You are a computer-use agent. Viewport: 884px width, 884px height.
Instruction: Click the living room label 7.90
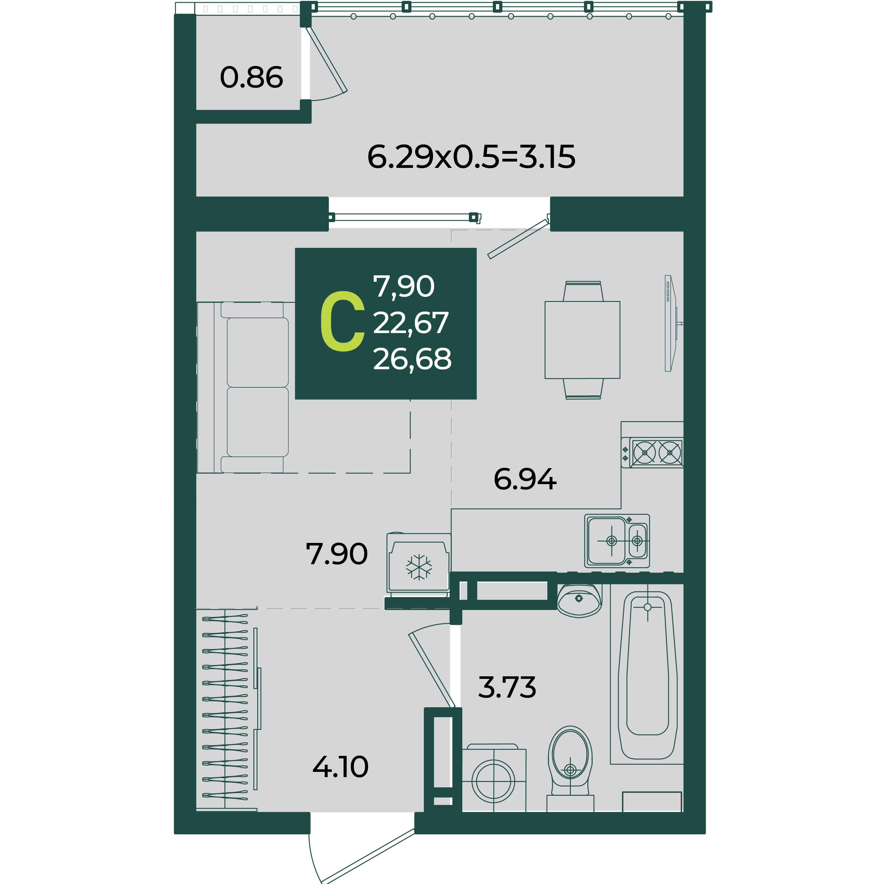coord(336,554)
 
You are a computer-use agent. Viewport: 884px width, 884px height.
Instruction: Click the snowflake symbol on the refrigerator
coord(419,567)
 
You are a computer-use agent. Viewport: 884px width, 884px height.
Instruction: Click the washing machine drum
coord(493,782)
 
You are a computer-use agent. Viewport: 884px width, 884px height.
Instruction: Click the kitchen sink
coord(617,541)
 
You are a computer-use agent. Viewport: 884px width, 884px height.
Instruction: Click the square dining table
coord(582,340)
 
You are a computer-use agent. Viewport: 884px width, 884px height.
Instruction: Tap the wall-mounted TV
coord(671,323)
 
